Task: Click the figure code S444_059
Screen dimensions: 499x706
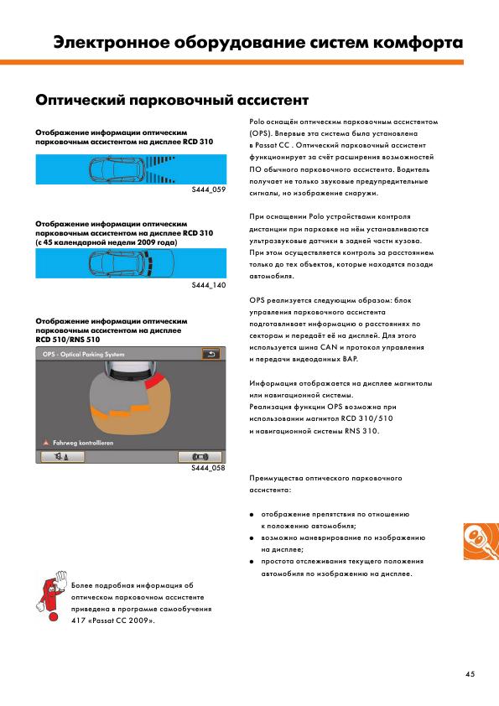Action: [209, 189]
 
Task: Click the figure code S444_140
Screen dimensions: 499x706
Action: [209, 285]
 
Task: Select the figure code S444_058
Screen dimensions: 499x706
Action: [208, 468]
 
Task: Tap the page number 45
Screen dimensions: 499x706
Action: [470, 674]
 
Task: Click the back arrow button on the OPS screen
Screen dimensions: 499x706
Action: [211, 354]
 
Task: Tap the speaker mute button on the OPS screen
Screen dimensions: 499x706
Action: [62, 457]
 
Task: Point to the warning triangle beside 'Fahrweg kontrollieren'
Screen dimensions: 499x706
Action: [46, 443]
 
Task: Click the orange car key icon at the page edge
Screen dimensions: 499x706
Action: [481, 541]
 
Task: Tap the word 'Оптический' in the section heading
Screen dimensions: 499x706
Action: [80, 100]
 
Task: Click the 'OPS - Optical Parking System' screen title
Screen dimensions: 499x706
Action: [83, 355]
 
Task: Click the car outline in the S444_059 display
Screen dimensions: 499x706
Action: [117, 169]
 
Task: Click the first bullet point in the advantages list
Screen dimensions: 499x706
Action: [252, 514]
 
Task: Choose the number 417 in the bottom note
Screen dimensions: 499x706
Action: [77, 621]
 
